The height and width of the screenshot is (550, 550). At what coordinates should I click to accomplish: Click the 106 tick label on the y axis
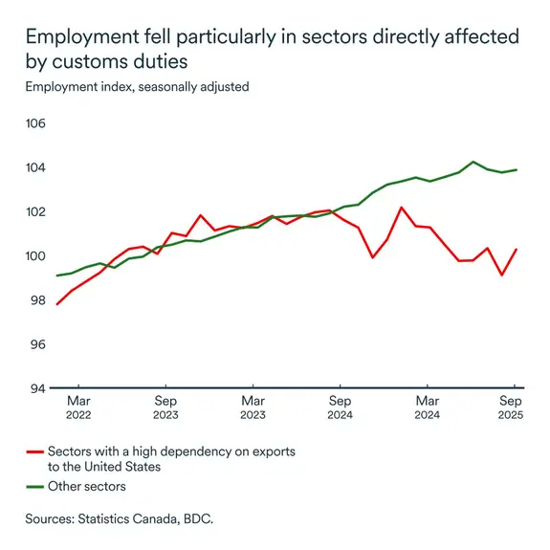pyautogui.click(x=35, y=123)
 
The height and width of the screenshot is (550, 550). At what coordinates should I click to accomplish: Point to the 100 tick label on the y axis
pyautogui.click(x=35, y=256)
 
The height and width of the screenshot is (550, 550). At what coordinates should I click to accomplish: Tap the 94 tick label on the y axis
pyautogui.click(x=37, y=388)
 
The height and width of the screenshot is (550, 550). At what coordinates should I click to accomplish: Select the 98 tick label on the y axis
pyautogui.click(x=37, y=300)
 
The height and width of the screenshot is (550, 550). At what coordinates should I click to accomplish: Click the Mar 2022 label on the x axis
pyautogui.click(x=78, y=407)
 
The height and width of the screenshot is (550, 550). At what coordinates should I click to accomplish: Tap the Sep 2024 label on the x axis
pyautogui.click(x=341, y=407)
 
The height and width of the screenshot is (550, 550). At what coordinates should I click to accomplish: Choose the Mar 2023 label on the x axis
pyautogui.click(x=253, y=407)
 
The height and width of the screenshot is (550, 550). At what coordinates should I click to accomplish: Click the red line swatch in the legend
pyautogui.click(x=35, y=451)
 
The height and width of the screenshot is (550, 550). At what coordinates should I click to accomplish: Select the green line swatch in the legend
pyautogui.click(x=35, y=487)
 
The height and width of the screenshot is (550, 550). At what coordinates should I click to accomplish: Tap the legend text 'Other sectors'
pyautogui.click(x=87, y=487)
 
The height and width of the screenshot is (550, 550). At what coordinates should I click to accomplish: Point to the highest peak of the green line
pyautogui.click(x=473, y=162)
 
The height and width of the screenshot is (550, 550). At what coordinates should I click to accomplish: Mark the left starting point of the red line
pyautogui.click(x=57, y=304)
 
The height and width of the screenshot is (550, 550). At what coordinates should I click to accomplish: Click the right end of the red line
pyautogui.click(x=517, y=250)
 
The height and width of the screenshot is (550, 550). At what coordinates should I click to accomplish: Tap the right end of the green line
pyautogui.click(x=517, y=169)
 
